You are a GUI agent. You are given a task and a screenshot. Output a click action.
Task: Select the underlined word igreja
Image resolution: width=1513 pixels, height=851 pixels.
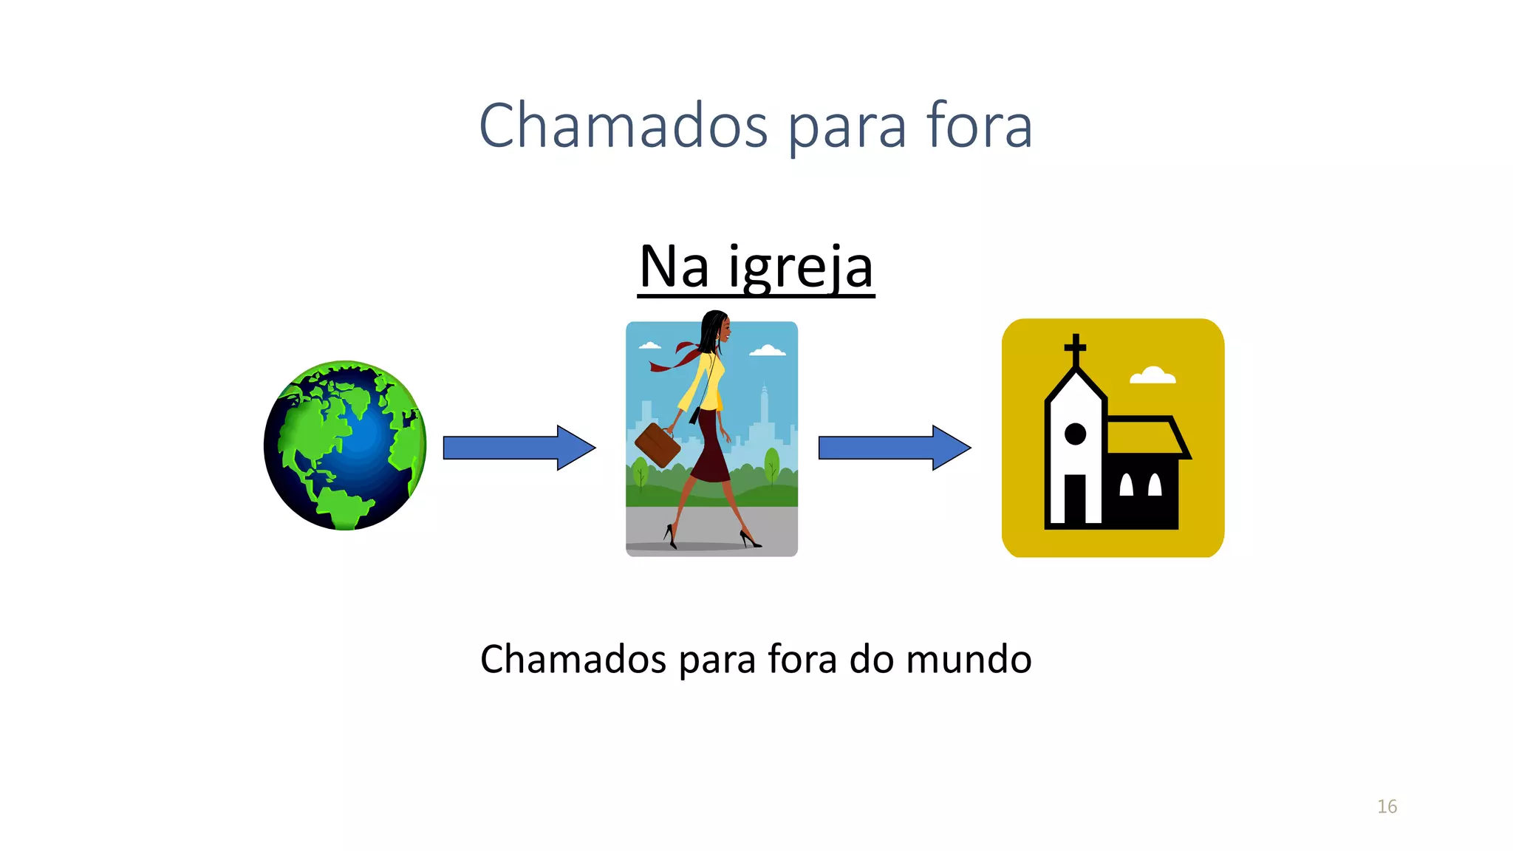click(801, 267)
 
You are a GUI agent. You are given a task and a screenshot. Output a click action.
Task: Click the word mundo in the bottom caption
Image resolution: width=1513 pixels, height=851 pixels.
click(969, 659)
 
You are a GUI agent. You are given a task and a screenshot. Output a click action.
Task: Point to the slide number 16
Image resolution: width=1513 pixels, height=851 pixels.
click(1387, 807)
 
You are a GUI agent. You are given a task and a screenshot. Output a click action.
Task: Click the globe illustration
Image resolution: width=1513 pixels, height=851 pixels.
click(345, 445)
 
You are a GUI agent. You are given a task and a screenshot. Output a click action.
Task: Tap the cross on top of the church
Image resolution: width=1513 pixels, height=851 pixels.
click(1075, 349)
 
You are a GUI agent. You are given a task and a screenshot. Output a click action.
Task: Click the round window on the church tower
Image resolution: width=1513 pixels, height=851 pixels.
click(1075, 434)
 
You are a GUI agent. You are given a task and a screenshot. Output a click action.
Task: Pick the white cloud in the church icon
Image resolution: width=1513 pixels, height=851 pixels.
click(1152, 375)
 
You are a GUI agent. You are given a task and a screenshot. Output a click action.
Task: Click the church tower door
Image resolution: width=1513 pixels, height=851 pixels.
click(1075, 499)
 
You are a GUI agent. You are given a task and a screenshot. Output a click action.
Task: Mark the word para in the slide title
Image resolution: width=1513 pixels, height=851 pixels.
click(847, 127)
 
